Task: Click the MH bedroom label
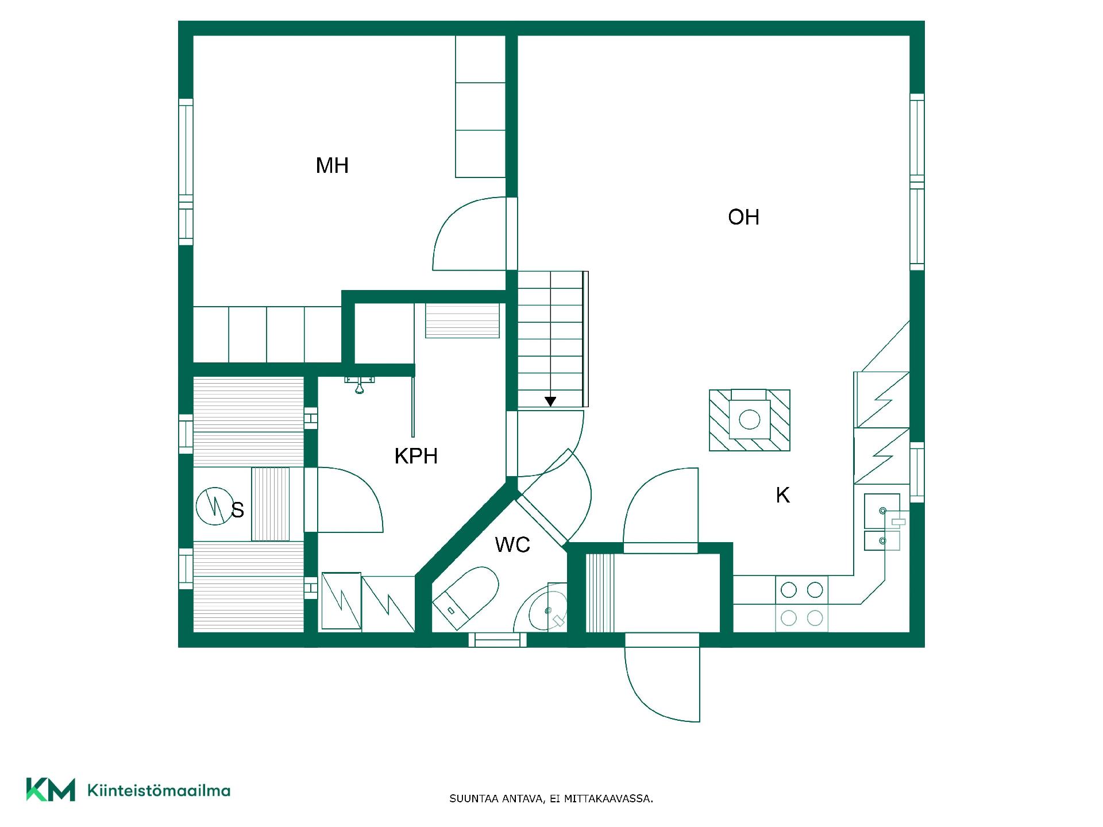coord(332,165)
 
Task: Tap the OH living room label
coord(743,217)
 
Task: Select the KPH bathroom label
coord(416,456)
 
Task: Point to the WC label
coord(512,544)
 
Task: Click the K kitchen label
coord(782,495)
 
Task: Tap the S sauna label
coord(237,510)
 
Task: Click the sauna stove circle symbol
coord(213,506)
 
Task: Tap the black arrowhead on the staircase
coord(550,401)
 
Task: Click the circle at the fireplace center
coord(749,419)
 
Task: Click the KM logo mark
coord(51,790)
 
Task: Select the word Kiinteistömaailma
coord(159,790)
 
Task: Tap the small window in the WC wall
coord(497,640)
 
